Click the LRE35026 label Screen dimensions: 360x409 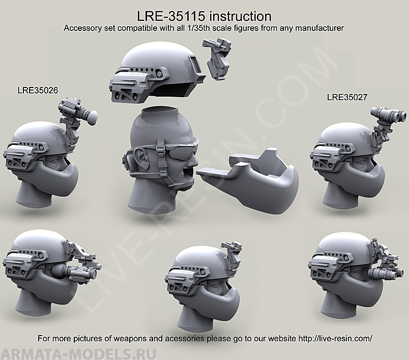(x=37, y=90)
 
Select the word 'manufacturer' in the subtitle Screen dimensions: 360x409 (x=320, y=28)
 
